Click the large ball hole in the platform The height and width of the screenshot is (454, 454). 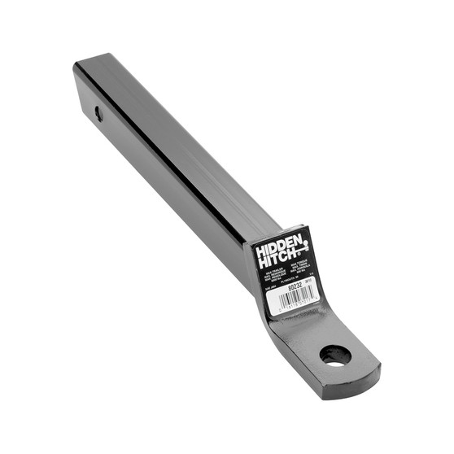[x=335, y=355]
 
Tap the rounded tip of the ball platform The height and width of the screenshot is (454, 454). [x=370, y=366]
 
